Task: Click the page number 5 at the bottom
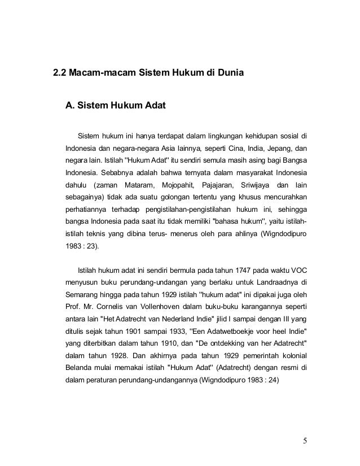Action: [305, 441]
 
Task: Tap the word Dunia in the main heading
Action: [229, 73]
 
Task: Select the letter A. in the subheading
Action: [71, 104]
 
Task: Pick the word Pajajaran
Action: [221, 184]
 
